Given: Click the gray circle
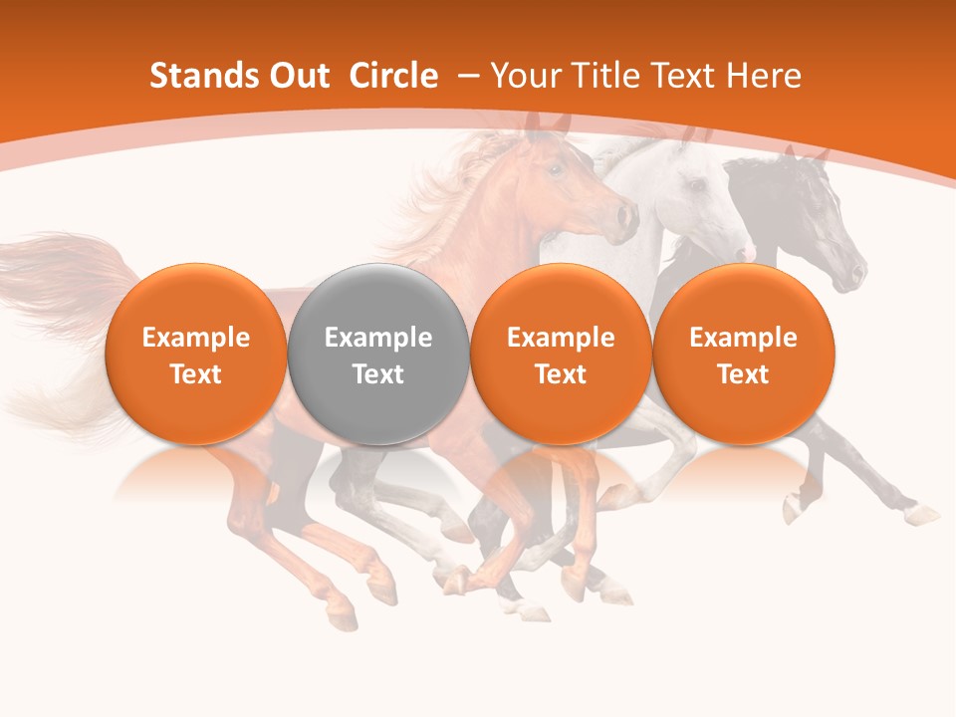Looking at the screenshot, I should [x=378, y=354].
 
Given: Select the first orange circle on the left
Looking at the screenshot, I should [x=196, y=354].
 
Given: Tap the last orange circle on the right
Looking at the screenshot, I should [x=743, y=354].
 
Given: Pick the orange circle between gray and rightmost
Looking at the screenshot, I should [x=561, y=354].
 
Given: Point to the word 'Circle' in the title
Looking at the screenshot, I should [x=393, y=76].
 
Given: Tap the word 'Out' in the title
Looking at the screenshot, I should [x=298, y=76].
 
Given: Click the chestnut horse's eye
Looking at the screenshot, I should [x=556, y=169].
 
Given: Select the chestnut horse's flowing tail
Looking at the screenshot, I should [x=60, y=299].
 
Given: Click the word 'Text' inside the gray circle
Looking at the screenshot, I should [x=378, y=374].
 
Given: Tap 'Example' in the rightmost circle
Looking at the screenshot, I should [x=743, y=338].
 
